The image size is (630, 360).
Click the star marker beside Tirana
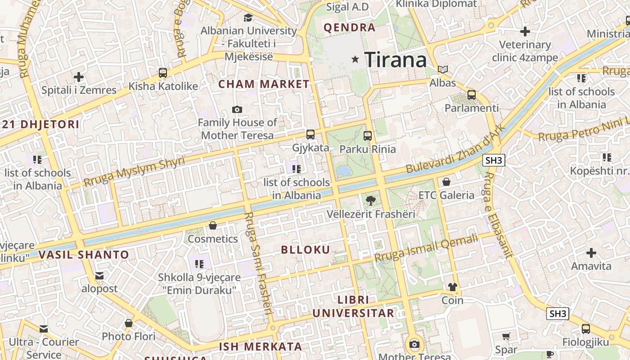coord(355,59)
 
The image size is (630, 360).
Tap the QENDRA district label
coord(350,27)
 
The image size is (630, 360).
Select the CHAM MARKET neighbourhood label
coord(264,84)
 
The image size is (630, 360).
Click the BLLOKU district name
coord(306,250)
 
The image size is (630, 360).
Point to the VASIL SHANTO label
coord(84,255)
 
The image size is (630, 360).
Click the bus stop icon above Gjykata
coord(310,134)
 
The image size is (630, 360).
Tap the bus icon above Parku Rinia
coord(368,135)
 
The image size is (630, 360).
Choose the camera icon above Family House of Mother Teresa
coord(237,109)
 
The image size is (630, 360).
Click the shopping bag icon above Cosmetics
coord(213,225)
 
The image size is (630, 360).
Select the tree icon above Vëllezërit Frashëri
coord(371,201)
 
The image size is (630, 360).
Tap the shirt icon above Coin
coord(452,287)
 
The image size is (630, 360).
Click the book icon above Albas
coord(443,69)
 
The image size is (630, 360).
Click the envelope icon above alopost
coord(99,275)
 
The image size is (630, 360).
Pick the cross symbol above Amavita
coord(591,253)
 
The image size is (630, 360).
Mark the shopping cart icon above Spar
coord(506,336)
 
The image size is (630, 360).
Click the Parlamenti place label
coord(472,108)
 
